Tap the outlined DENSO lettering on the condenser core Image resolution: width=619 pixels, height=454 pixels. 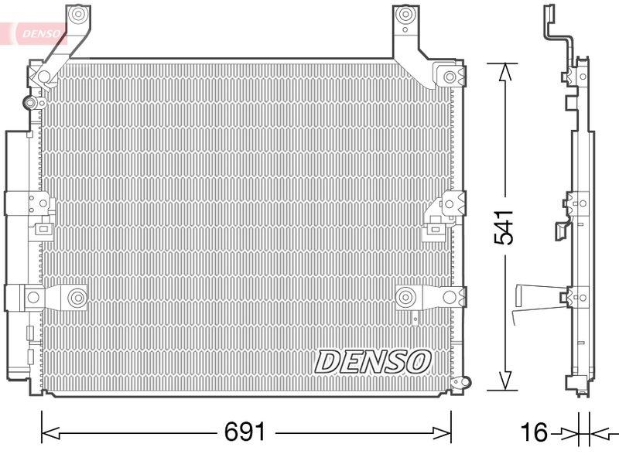pyautogui.click(x=372, y=360)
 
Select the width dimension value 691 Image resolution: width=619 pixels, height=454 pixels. pyautogui.click(x=245, y=430)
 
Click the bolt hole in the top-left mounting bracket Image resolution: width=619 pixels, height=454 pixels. pyautogui.click(x=75, y=15)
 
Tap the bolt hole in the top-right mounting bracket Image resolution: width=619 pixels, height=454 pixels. pyautogui.click(x=404, y=15)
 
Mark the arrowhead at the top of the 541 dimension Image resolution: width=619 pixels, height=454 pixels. pyautogui.click(x=504, y=72)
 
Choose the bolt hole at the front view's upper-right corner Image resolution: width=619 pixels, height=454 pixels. pyautogui.click(x=450, y=77)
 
